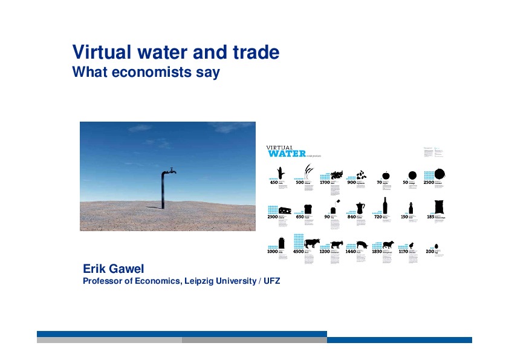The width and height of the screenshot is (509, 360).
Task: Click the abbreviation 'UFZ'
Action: pos(273,281)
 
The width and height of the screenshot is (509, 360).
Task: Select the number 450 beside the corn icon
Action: pos(273,182)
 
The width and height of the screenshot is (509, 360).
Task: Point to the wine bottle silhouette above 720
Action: pos(384,206)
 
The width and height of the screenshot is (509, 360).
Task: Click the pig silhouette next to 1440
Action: pos(362,244)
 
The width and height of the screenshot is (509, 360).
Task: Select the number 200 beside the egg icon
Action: pos(430,250)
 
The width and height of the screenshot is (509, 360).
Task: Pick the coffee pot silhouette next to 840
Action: pos(361,207)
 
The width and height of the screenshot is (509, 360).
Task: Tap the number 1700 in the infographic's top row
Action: pos(324,182)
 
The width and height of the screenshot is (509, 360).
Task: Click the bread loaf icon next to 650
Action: pos(308,209)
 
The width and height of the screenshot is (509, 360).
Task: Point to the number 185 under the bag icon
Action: pos(430,217)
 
